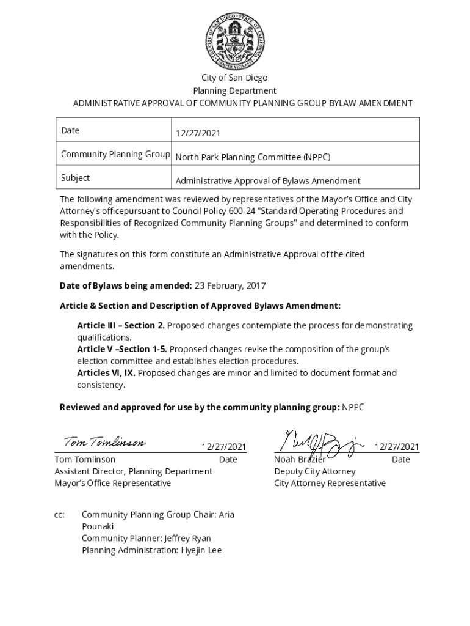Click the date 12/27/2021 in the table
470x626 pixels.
(x=198, y=133)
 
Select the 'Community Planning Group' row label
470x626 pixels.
(x=115, y=154)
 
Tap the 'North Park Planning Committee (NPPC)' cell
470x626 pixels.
(x=253, y=157)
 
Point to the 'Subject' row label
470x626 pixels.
(x=75, y=178)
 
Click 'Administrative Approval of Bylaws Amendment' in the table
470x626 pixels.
(x=268, y=181)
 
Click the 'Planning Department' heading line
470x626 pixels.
(x=234, y=90)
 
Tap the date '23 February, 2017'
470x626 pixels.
(x=230, y=286)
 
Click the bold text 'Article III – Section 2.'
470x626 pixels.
(x=121, y=326)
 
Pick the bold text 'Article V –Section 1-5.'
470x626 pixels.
(x=121, y=349)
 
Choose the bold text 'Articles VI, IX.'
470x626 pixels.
(x=106, y=373)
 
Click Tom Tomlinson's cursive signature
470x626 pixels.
(x=104, y=442)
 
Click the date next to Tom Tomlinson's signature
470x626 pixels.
(x=224, y=447)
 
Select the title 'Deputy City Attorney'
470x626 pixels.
(x=314, y=471)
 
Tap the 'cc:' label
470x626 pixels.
(x=59, y=515)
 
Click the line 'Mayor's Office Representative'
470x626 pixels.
(x=113, y=483)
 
